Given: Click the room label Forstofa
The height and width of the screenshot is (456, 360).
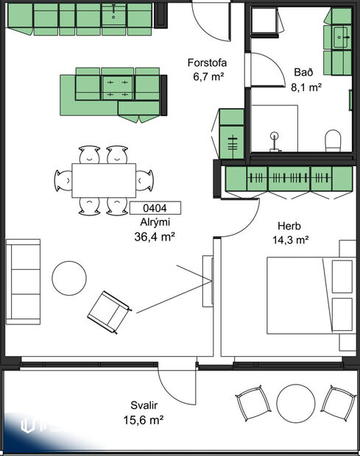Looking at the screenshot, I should click(207, 63).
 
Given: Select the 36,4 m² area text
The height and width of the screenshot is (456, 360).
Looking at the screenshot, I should click(155, 236).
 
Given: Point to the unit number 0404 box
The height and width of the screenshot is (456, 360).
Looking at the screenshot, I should click(154, 208).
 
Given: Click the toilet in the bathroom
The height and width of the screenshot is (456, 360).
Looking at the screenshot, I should click(333, 140).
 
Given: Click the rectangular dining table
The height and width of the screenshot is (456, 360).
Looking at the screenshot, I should click(103, 179).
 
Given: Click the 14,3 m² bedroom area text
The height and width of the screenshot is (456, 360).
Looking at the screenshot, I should click(292, 239).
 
